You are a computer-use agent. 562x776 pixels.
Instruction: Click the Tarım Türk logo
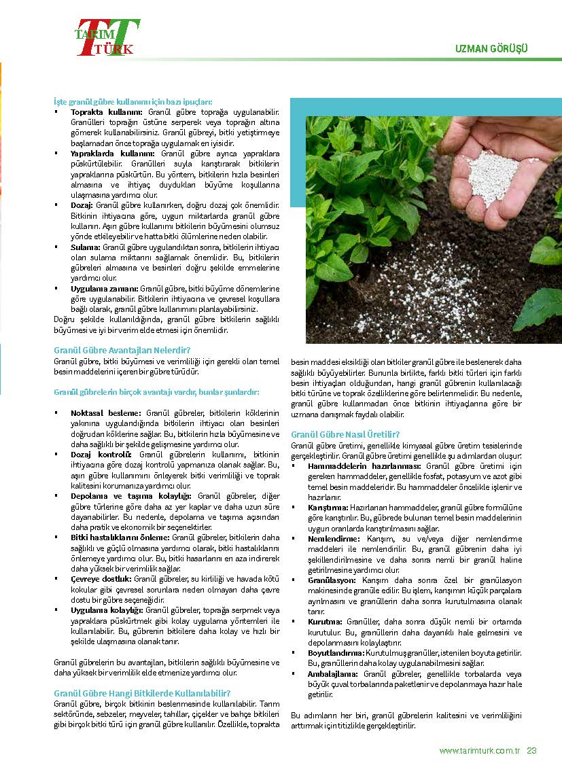coord(107,37)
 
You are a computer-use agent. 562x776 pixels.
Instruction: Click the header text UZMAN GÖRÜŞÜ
coord(491,49)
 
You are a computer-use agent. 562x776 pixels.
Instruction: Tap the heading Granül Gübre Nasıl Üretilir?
coord(345,434)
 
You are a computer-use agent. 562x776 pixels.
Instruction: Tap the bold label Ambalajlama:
coord(330,673)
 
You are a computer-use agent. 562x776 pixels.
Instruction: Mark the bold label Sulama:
coord(86,246)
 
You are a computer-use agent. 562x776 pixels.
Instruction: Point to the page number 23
coord(532,751)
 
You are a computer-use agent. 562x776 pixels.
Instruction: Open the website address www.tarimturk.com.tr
coord(480,751)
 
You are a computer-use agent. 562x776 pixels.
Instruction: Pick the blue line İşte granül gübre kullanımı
coord(133,100)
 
